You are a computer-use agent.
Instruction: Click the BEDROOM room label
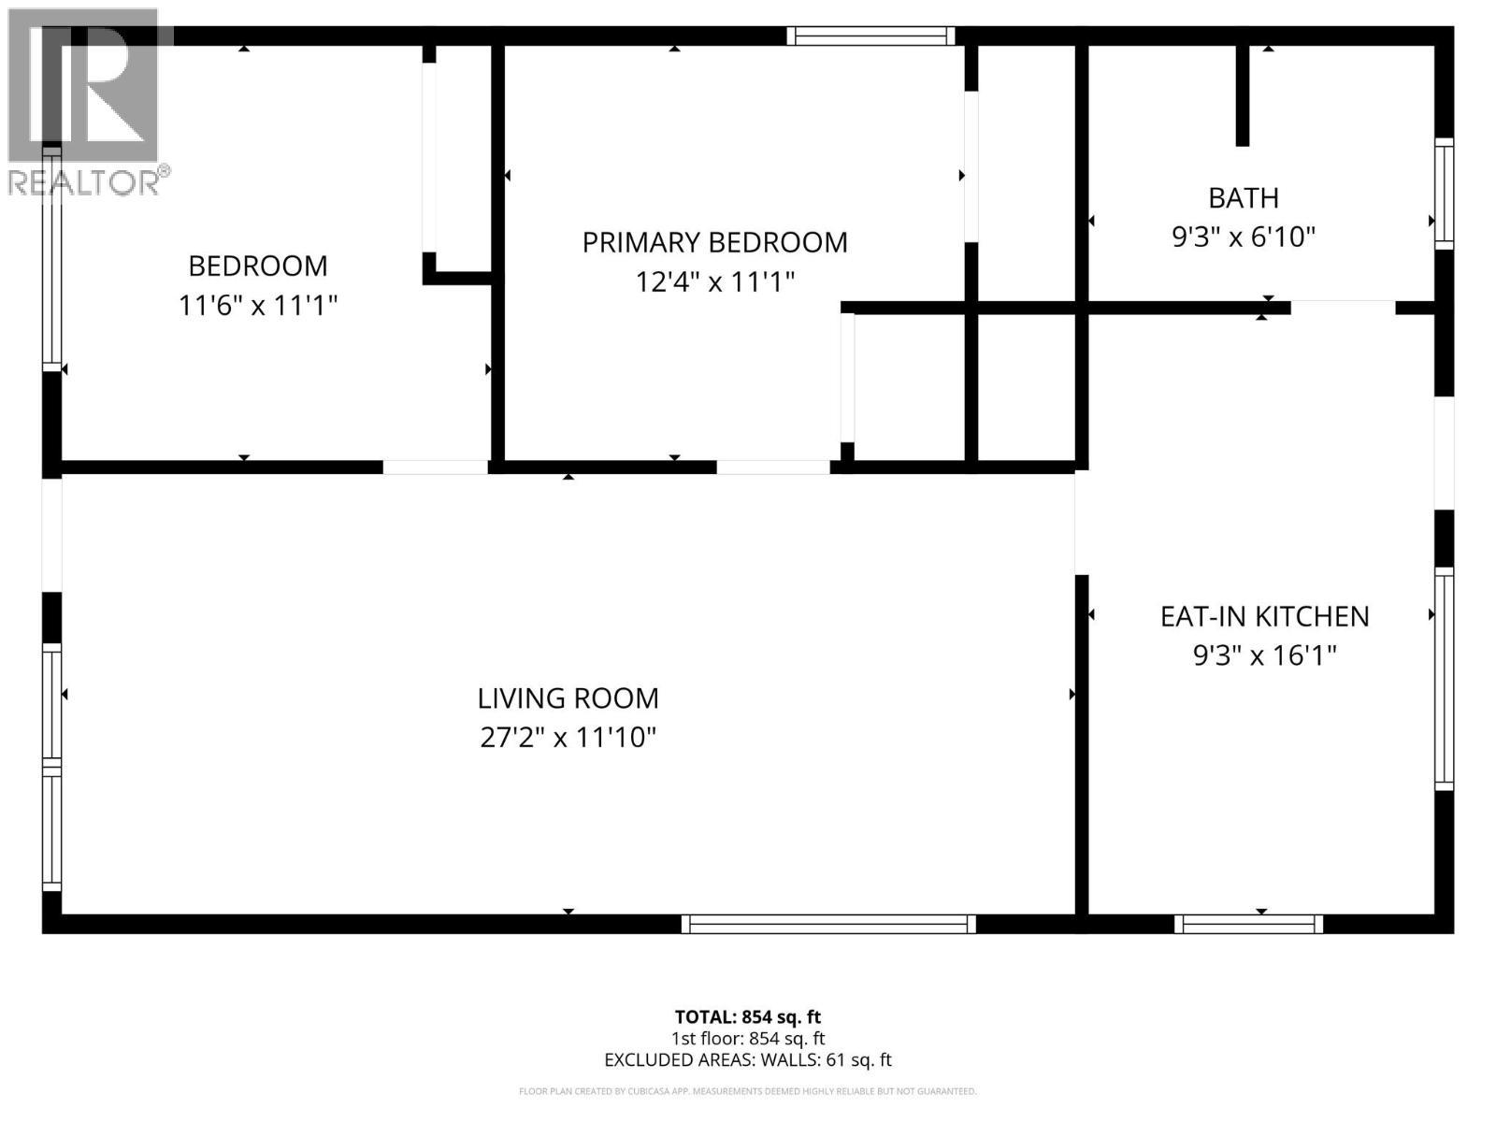(258, 266)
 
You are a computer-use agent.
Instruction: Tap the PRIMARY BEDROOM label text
(714, 242)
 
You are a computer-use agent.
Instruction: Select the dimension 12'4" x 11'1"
(714, 281)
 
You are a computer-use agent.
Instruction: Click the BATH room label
(1243, 197)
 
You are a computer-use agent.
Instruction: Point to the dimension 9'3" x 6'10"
(1243, 237)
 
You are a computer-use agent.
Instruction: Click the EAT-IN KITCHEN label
(1264, 616)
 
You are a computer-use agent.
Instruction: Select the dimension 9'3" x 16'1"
(1264, 655)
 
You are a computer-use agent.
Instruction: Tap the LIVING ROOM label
(568, 698)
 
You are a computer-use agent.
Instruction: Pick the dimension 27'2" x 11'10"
(568, 738)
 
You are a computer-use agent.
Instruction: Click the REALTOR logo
(84, 103)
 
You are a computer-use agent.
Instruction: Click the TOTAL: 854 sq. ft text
(747, 1016)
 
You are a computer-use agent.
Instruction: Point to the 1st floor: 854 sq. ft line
(747, 1038)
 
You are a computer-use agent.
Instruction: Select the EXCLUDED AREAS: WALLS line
(747, 1059)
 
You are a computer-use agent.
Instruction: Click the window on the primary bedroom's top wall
(870, 36)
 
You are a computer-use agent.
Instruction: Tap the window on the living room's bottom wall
(828, 924)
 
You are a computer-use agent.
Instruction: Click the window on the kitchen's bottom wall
(1248, 924)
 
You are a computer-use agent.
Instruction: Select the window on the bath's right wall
(1445, 194)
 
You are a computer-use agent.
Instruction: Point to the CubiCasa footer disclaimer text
(747, 1091)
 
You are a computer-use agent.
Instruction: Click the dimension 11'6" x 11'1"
(258, 305)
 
